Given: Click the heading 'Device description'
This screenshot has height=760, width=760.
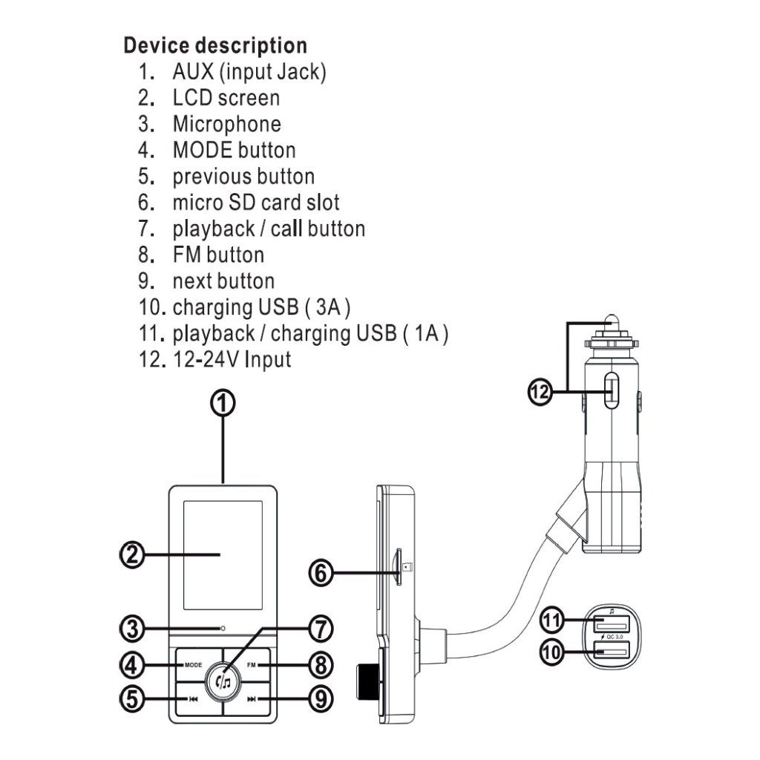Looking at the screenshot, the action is coord(215,45).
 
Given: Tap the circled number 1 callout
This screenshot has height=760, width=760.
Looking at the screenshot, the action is coord(223,403).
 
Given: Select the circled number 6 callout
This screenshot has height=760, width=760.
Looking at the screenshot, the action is coord(321,573).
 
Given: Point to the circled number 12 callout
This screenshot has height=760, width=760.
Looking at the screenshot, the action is coord(540,391).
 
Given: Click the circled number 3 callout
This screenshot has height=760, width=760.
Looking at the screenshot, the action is coord(132,629).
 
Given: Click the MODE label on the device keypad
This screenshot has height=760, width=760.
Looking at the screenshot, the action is coord(193,665).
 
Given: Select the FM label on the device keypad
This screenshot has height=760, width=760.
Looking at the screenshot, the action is coord(251,665).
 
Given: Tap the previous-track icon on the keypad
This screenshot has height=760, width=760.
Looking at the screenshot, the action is coord(193,699).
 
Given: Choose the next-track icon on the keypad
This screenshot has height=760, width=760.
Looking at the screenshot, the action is coord(252,699).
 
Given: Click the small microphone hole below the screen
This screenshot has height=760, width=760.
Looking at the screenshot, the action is coord(223,628).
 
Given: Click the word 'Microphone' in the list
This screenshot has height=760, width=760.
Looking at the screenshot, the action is coord(227,124).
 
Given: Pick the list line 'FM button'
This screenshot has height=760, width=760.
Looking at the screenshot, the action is coord(218,255).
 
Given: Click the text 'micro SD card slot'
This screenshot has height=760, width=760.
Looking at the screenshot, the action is coord(256,203).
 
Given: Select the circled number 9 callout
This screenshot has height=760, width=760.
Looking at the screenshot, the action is coord(321,699).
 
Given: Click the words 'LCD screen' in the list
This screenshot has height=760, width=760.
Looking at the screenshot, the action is coord(226,98).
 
